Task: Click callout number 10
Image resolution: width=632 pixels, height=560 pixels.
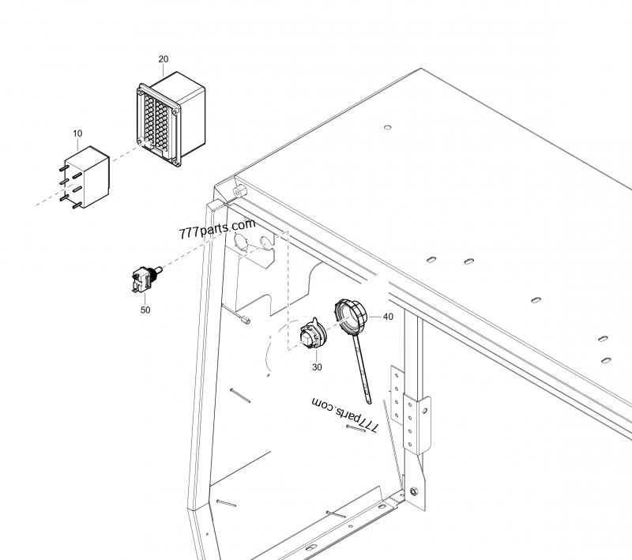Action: [x=77, y=133]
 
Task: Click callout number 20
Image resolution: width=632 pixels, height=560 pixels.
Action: [x=163, y=59]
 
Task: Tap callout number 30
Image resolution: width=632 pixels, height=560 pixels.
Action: [x=317, y=366]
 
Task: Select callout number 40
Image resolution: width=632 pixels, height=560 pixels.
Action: [x=387, y=316]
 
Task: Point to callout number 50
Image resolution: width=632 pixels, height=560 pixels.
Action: [x=145, y=310]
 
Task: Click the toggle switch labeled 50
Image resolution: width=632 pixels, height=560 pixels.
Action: [x=145, y=279]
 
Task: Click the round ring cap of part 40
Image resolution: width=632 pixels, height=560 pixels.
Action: [x=350, y=315]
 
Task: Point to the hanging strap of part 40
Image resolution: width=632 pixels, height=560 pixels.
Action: [x=361, y=371]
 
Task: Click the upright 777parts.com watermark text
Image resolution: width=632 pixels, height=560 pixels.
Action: [x=217, y=232]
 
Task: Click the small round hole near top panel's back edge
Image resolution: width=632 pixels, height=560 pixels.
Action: [x=386, y=126]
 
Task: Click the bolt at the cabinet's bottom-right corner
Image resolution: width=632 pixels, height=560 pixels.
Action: [x=412, y=491]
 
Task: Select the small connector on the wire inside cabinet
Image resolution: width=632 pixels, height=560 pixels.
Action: [x=244, y=319]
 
